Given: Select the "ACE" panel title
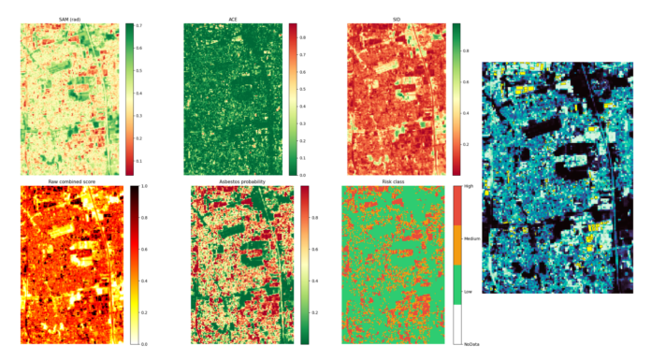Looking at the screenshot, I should (x=233, y=19).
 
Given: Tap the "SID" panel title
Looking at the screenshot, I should (x=396, y=19).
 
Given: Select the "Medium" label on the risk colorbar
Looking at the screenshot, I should (x=472, y=239).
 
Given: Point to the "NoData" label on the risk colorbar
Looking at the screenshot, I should (x=472, y=344).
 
